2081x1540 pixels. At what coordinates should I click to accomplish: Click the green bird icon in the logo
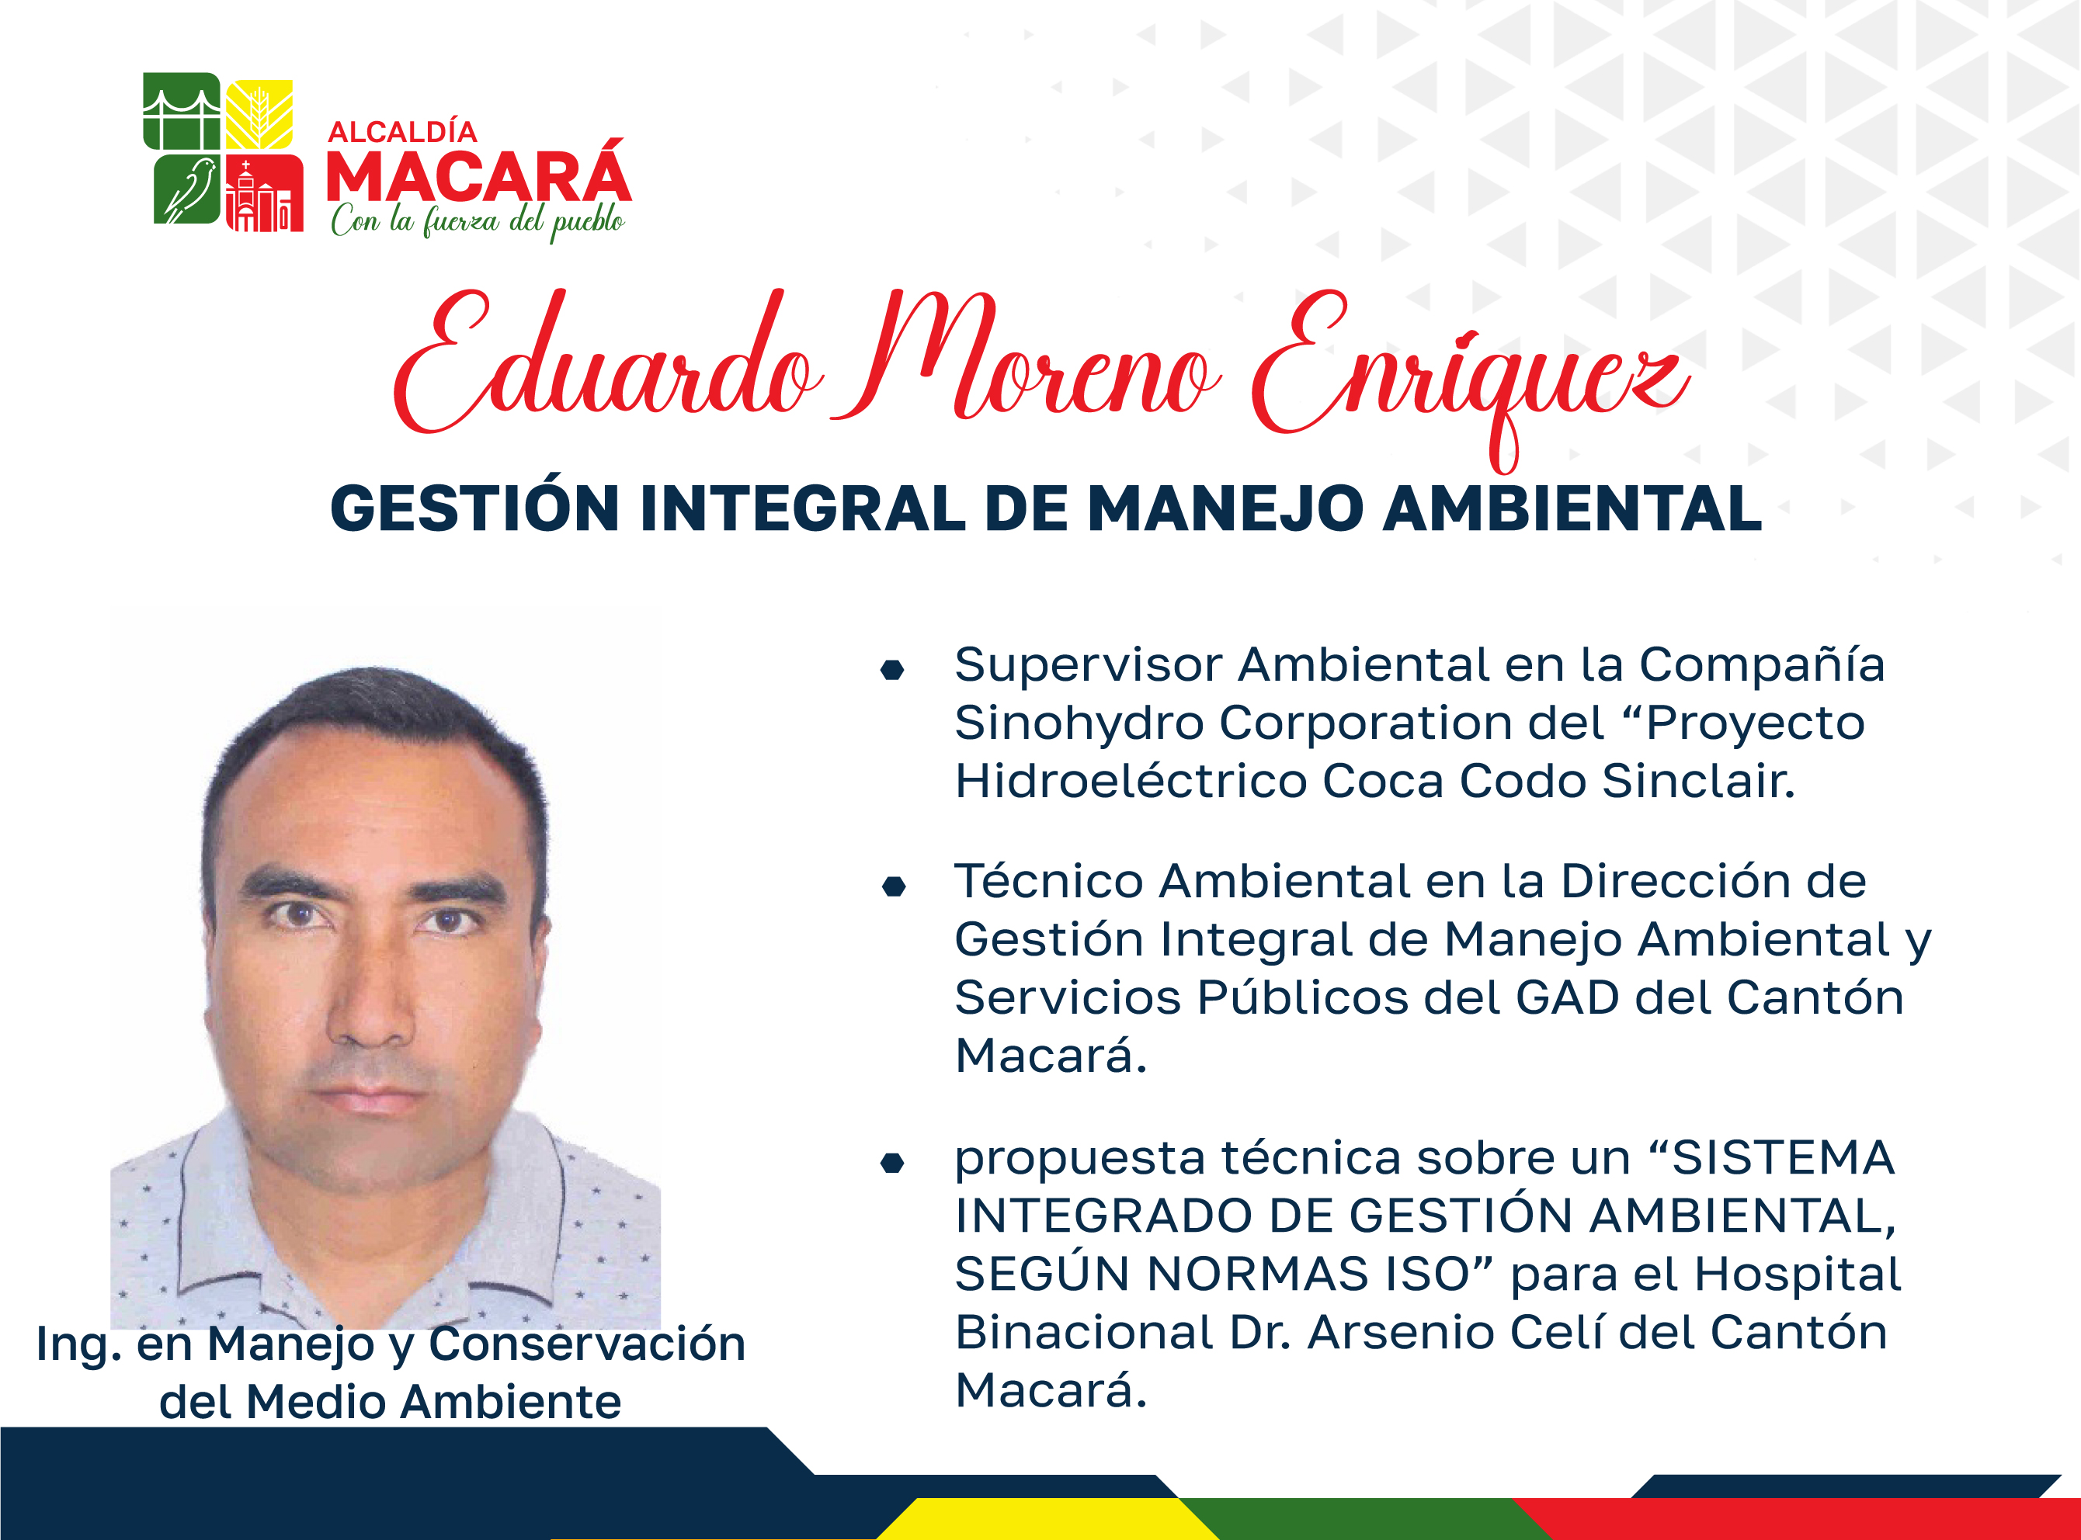189,190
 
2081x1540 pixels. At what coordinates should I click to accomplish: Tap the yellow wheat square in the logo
259,115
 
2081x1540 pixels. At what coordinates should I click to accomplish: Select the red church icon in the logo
264,193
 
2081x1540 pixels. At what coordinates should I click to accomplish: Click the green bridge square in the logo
182,111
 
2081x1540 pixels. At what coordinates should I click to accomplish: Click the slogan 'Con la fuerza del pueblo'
478,222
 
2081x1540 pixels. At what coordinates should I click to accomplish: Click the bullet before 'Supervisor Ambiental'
892,669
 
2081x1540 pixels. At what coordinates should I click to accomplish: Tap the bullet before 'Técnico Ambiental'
893,886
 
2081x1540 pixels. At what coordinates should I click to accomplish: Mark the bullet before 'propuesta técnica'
892,1163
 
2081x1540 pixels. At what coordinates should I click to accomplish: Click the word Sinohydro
1079,724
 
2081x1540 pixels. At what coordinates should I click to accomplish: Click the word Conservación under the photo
587,1344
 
